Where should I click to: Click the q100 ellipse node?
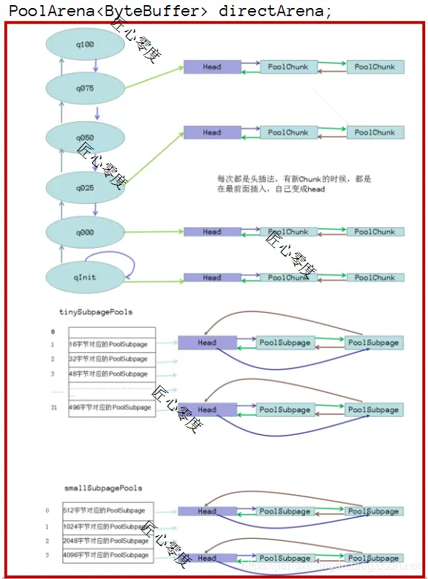click(x=84, y=45)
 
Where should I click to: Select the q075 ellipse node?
click(x=84, y=88)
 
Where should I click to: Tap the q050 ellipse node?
click(x=84, y=137)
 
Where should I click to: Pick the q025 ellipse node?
click(x=84, y=187)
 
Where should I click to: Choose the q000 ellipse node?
click(x=84, y=232)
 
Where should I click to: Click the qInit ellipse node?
click(x=84, y=278)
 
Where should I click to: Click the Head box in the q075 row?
click(x=211, y=67)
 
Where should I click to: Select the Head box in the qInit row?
click(x=211, y=278)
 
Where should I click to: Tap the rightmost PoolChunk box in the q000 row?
click(x=374, y=232)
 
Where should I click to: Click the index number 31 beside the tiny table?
click(x=53, y=407)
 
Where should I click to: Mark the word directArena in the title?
click(x=271, y=12)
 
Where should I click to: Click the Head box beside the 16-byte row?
click(x=207, y=342)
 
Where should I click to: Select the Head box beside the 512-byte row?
click(x=207, y=512)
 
